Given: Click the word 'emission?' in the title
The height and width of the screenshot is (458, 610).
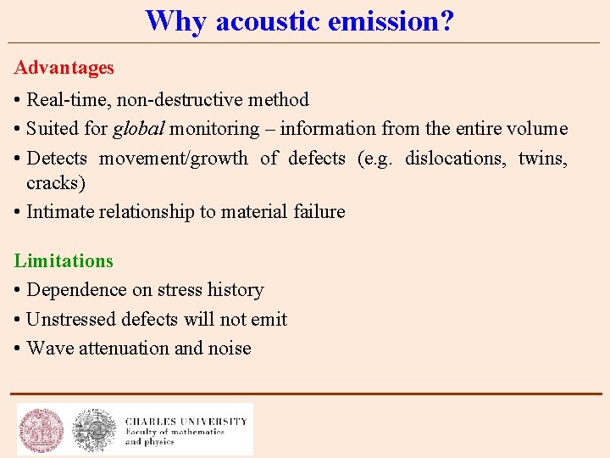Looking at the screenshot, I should click(x=397, y=20).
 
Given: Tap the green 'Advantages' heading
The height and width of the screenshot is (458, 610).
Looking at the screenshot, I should click(x=64, y=67).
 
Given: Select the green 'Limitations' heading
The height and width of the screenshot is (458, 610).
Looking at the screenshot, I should click(x=64, y=260).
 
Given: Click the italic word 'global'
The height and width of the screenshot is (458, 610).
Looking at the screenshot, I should click(x=139, y=129).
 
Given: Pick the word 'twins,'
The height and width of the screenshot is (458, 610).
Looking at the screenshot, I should click(x=542, y=158).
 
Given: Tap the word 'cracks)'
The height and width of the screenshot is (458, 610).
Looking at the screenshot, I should click(x=56, y=182).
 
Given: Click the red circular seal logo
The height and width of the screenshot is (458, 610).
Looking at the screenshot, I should click(x=42, y=430).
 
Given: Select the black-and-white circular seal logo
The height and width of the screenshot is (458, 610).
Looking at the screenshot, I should click(x=94, y=430).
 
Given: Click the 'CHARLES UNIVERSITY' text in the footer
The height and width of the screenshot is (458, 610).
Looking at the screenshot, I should click(x=186, y=421).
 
